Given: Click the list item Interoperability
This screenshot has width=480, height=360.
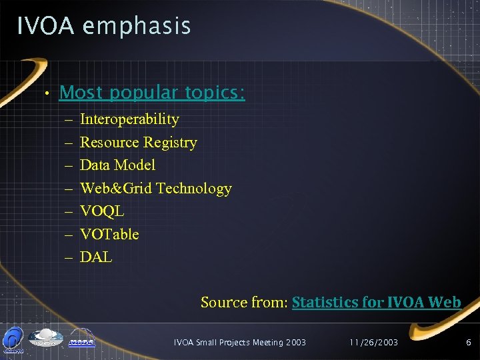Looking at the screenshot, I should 129,119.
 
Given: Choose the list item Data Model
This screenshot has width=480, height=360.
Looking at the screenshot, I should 117,165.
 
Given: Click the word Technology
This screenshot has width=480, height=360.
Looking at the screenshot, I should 194,189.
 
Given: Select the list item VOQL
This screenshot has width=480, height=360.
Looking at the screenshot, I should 102,211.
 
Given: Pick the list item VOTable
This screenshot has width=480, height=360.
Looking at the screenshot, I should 109,234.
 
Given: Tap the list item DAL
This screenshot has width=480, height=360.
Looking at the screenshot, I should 96,257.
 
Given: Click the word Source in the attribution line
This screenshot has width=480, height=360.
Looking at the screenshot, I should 223,303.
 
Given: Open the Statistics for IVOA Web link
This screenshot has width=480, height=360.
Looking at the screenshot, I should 377,303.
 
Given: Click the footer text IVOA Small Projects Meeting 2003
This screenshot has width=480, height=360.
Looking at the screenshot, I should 239,343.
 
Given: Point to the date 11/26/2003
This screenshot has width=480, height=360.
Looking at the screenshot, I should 373,343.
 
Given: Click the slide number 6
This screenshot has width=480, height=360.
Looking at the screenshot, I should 469,343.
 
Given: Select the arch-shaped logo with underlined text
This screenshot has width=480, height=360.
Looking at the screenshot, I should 81,339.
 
